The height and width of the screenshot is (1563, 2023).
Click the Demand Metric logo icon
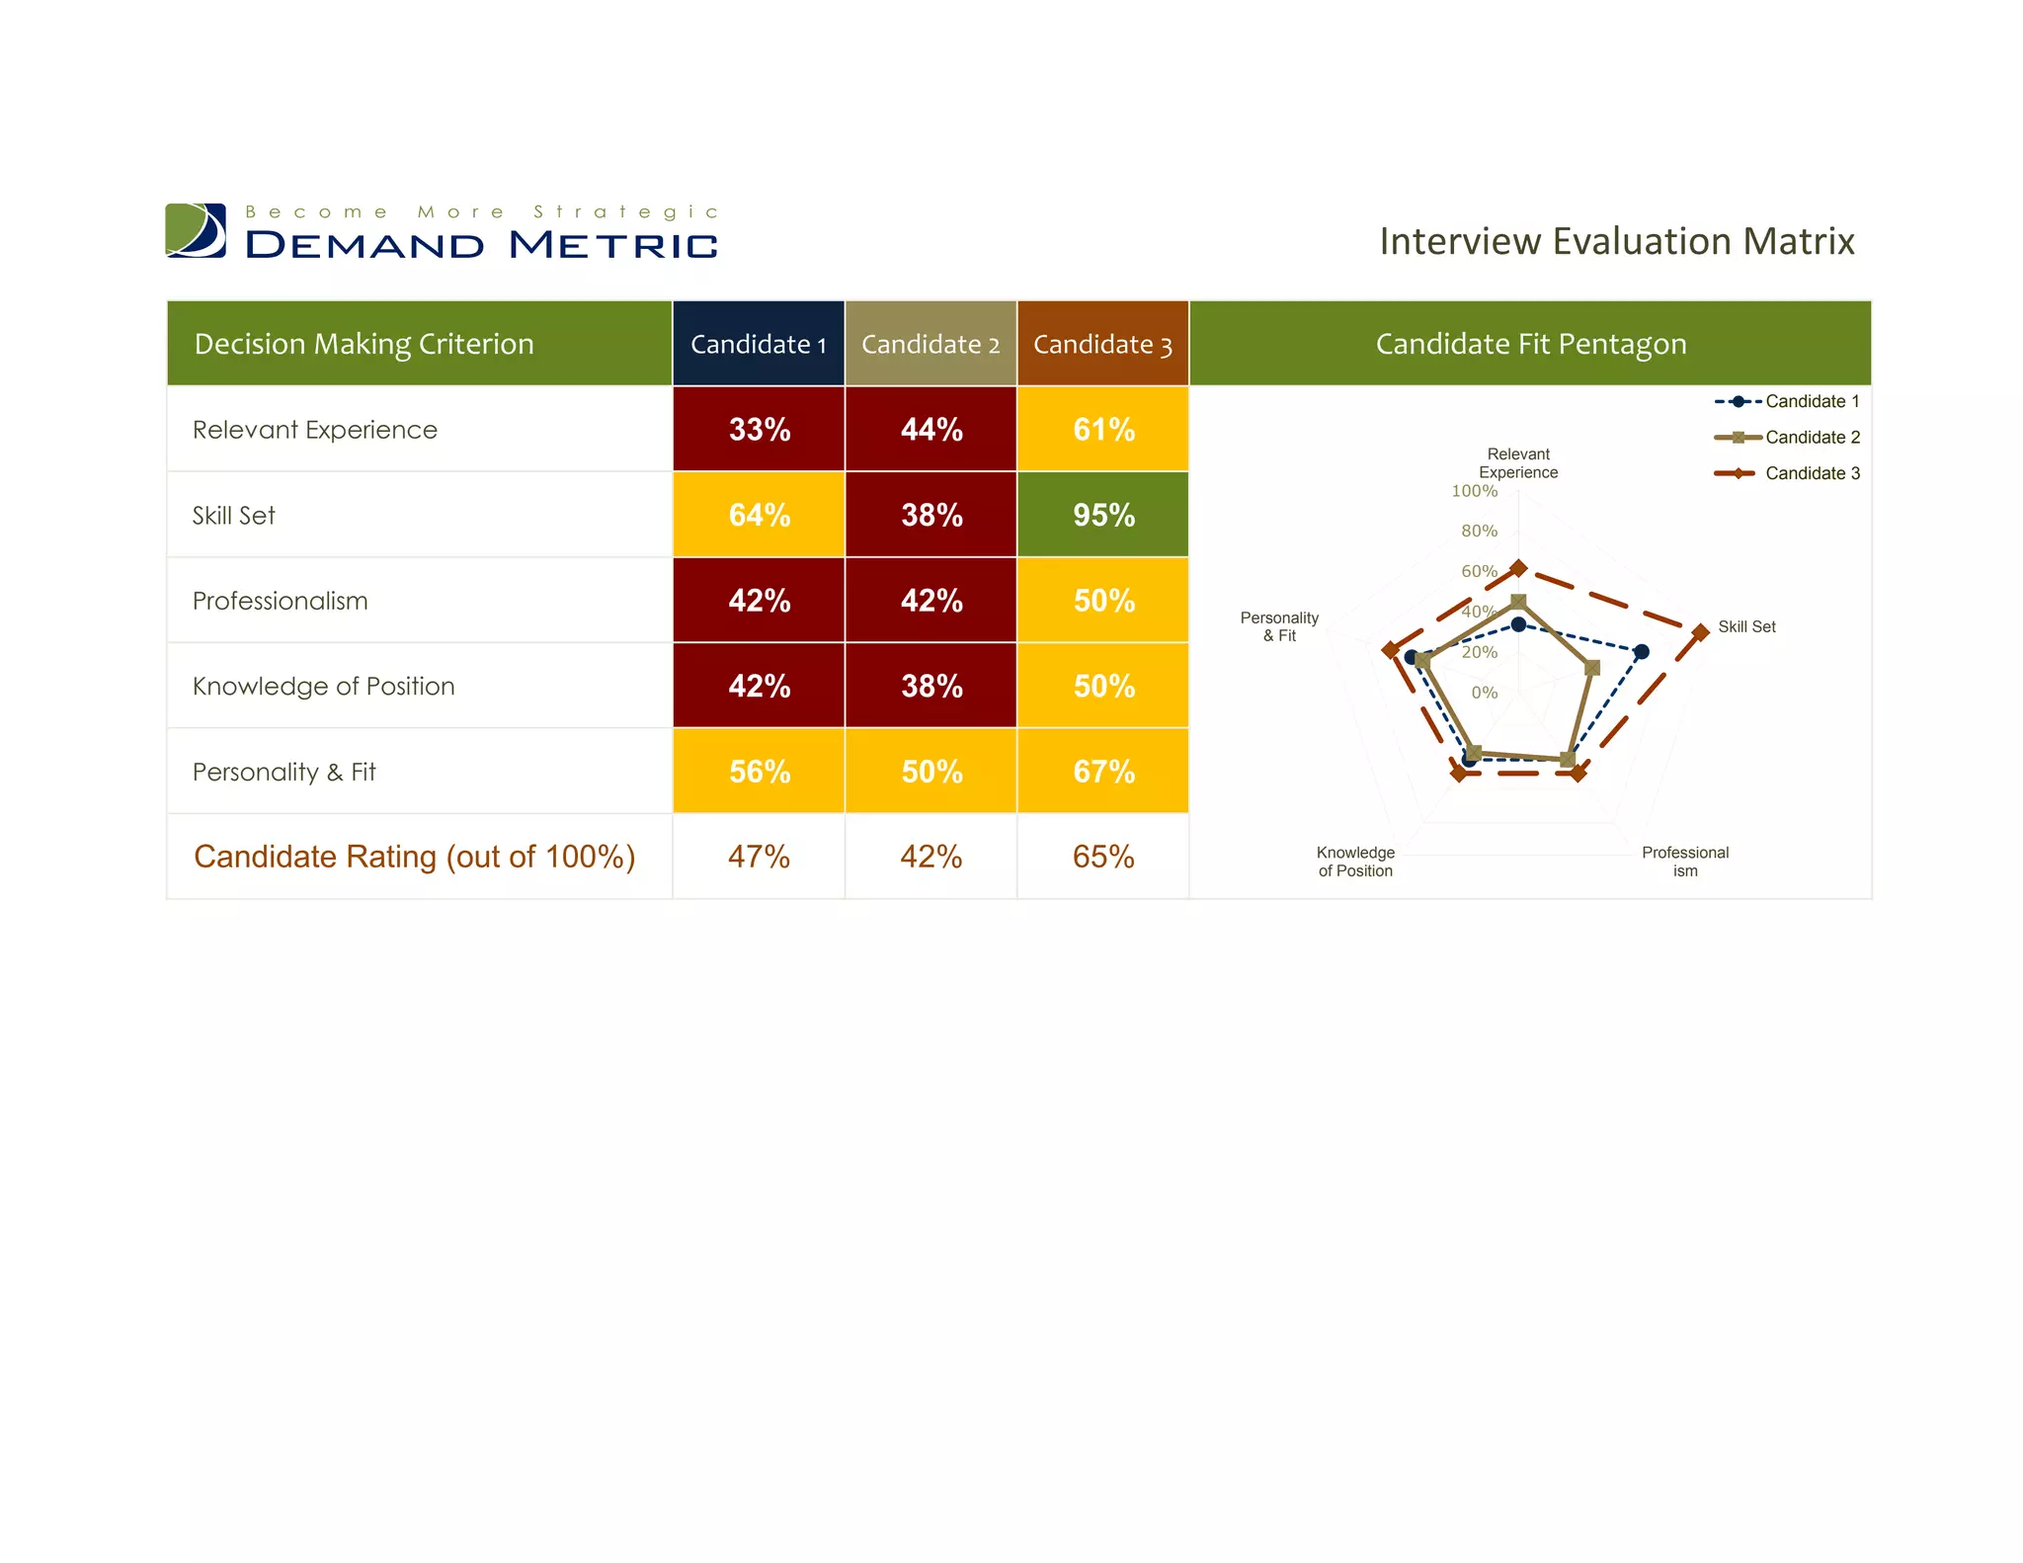196,230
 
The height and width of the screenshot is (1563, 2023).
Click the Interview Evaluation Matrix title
1616,241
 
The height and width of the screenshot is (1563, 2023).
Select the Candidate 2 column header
930,344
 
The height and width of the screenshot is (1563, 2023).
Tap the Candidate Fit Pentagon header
1530,344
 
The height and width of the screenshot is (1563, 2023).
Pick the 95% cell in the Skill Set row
1102,515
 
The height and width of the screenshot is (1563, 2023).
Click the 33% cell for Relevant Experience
759,429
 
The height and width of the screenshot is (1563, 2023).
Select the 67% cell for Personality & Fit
1102,772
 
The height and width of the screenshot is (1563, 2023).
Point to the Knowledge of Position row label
323,686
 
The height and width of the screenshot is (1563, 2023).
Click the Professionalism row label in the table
280,601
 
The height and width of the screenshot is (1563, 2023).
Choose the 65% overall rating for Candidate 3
1102,857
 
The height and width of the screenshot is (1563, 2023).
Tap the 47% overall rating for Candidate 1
759,857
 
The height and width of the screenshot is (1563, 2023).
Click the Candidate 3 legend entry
1787,473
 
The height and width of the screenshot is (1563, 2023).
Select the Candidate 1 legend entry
1787,401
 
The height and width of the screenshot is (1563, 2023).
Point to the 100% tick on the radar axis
1474,491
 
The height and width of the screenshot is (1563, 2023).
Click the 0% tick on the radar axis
1484,693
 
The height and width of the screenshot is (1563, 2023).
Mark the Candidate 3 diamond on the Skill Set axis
1700,632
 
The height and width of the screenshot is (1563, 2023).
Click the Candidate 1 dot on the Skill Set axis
1641,652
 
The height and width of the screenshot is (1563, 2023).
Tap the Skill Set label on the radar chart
1745,626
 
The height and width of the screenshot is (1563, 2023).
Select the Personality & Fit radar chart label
1279,626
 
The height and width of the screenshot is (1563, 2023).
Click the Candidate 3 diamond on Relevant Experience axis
1518,568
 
